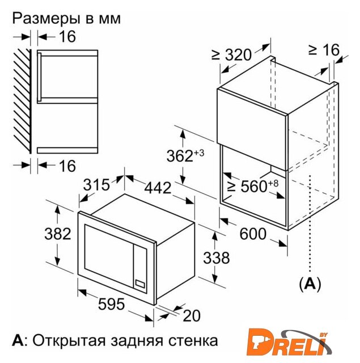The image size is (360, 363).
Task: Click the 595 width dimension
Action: (111, 304)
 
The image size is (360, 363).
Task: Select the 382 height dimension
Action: (58, 234)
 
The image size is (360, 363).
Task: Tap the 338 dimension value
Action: (217, 258)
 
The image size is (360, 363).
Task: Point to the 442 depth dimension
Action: (158, 188)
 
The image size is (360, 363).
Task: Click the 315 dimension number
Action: (96, 185)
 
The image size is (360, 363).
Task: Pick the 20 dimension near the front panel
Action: (192, 315)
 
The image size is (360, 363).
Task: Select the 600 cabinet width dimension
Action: (253, 234)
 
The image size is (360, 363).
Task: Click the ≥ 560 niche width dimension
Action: (253, 186)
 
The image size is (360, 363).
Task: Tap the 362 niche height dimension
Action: (185, 155)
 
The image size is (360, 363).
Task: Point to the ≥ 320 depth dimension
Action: (231, 55)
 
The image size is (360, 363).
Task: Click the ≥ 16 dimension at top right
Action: (324, 50)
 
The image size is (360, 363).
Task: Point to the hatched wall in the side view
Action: (22, 101)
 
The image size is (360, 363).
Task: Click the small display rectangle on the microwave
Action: (140, 284)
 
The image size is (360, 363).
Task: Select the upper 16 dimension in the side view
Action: (67, 36)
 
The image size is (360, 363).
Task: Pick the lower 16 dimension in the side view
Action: (67, 166)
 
